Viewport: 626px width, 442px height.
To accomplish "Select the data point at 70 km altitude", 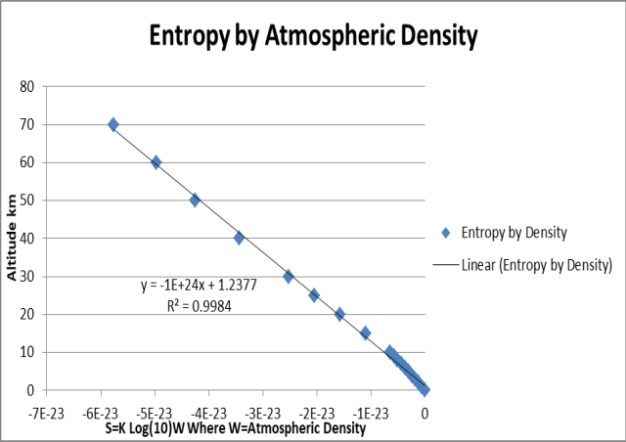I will point(113,124).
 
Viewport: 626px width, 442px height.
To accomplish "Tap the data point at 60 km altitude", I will point(156,162).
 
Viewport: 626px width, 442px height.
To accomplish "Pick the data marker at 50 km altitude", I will point(195,199).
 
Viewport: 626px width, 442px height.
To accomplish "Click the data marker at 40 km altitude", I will point(239,238).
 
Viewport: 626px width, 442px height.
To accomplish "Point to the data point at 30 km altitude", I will point(289,276).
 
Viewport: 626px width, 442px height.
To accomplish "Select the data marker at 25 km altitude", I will point(314,294).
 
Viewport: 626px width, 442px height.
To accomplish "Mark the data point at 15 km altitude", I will point(365,332).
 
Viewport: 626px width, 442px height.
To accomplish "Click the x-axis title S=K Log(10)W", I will point(235,428).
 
